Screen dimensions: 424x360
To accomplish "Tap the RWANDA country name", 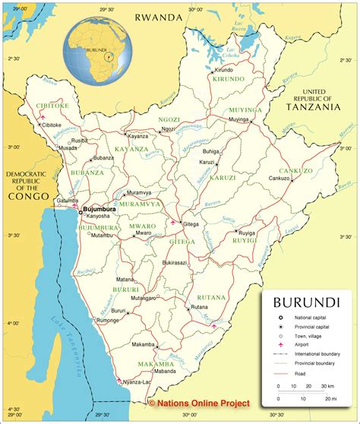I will [x=159, y=16].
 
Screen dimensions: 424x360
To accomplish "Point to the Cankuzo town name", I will [x=279, y=179].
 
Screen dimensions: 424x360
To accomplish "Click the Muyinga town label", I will [x=238, y=120].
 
